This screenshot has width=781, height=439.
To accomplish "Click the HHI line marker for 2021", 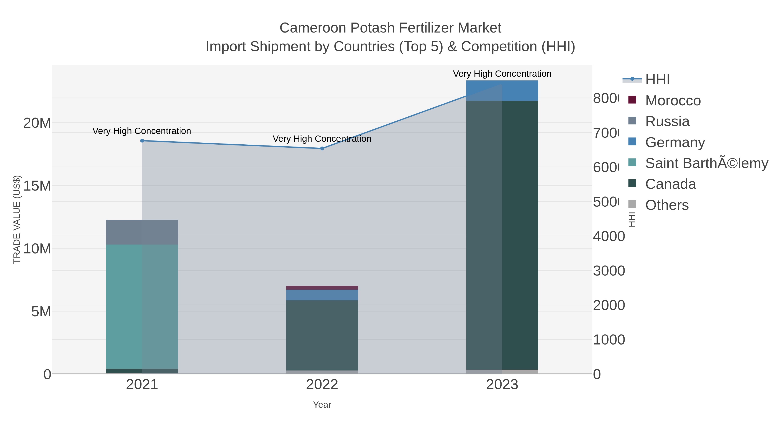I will pyautogui.click(x=142, y=140).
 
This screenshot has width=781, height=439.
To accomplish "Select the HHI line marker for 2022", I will pyautogui.click(x=322, y=149).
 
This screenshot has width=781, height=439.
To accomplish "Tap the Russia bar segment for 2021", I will pyautogui.click(x=142, y=232).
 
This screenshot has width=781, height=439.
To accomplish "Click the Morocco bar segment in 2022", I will pyautogui.click(x=322, y=287).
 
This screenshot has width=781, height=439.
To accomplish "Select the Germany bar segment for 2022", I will pyautogui.click(x=322, y=295).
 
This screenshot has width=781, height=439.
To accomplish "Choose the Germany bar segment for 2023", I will pyautogui.click(x=502, y=91).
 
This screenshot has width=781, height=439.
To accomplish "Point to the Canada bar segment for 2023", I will pyautogui.click(x=502, y=235).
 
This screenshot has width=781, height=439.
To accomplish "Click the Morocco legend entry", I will pyautogui.click(x=673, y=101).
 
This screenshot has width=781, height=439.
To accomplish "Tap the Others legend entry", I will pyautogui.click(x=667, y=205).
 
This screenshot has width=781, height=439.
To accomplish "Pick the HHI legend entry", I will pyautogui.click(x=657, y=80).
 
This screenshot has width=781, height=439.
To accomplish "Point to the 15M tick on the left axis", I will pyautogui.click(x=37, y=186).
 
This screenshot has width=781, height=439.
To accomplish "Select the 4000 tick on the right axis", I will pyautogui.click(x=609, y=236).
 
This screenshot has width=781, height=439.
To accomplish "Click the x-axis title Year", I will pyautogui.click(x=322, y=405).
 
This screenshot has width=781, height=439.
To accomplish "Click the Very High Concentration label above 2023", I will pyautogui.click(x=502, y=74).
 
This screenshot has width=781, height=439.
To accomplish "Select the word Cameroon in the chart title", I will pyautogui.click(x=313, y=28).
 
